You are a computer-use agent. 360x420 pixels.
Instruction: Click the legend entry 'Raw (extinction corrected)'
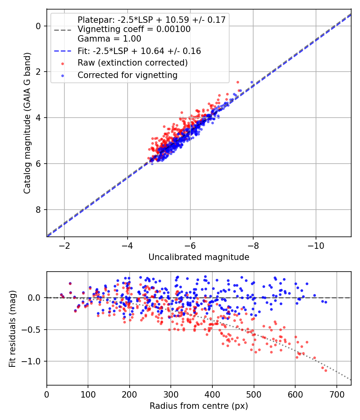click(132, 63)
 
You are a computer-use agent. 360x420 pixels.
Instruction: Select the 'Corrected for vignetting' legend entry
click(128, 75)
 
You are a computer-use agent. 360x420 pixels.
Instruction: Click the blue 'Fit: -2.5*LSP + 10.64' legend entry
click(139, 51)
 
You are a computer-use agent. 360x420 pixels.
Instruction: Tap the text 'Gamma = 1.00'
click(109, 39)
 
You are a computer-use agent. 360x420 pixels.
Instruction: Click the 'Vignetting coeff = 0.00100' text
click(134, 29)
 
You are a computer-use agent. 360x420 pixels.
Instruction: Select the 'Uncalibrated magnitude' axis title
click(199, 257)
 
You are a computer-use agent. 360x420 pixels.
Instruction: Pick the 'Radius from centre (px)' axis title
click(199, 406)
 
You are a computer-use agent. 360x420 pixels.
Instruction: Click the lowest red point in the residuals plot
click(326, 370)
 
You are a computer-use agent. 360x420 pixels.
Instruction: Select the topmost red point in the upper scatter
click(238, 82)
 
